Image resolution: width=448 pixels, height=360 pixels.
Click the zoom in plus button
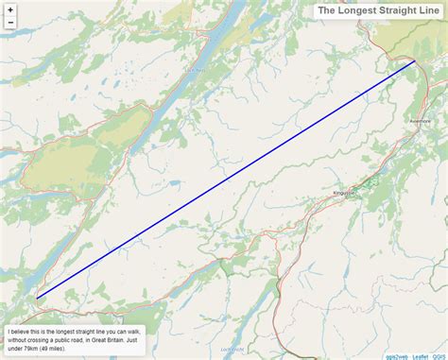click(x=10, y=9)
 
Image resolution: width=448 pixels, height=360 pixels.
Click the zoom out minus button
click(x=10, y=23)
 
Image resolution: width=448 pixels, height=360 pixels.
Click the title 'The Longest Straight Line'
click(x=377, y=10)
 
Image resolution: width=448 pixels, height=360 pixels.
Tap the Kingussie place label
click(x=343, y=194)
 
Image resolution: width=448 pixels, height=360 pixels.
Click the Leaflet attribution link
click(x=420, y=355)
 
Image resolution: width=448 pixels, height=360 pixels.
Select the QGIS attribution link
click(x=439, y=355)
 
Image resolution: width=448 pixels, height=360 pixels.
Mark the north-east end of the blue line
click(x=415, y=61)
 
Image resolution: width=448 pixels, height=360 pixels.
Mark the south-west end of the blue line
click(x=37, y=298)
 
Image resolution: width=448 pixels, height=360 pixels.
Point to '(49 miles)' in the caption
click(x=59, y=350)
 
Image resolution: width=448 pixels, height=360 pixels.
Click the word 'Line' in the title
click(x=424, y=10)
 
